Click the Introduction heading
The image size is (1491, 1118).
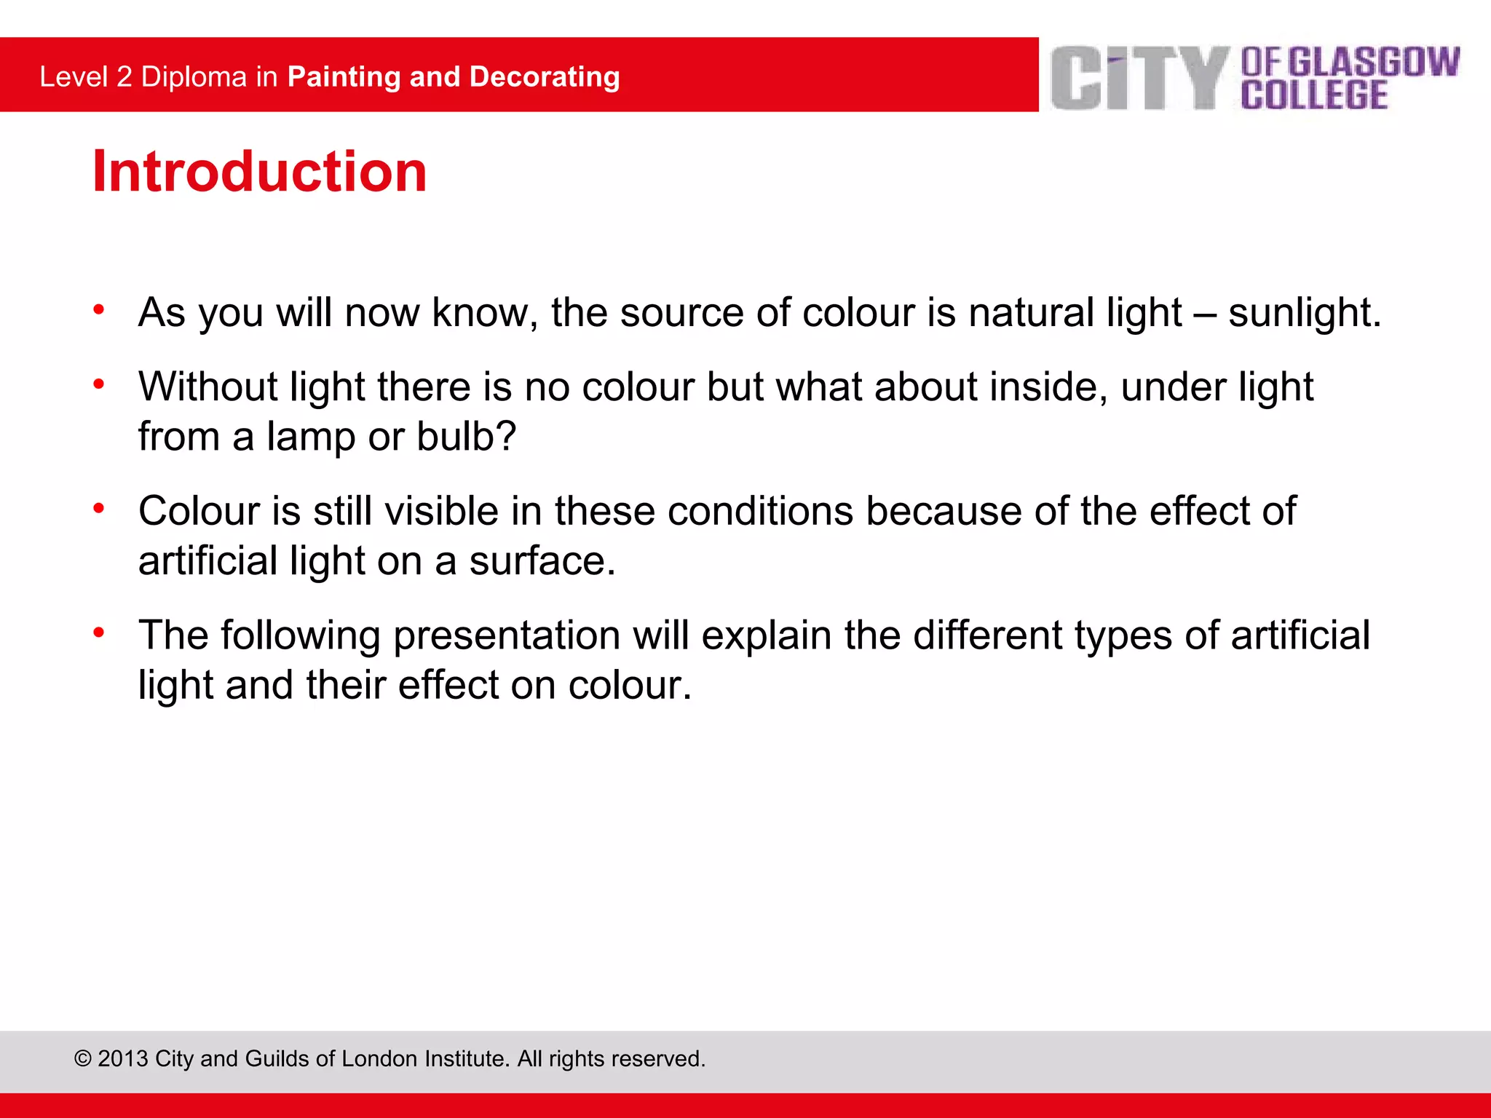tap(259, 172)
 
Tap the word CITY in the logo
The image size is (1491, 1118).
tap(1140, 79)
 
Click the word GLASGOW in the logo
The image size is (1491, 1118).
tap(1375, 62)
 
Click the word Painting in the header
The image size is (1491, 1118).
tap(344, 77)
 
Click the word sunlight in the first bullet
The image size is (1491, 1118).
tap(1303, 313)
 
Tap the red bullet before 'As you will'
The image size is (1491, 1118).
tap(99, 310)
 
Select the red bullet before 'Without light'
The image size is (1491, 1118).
tap(99, 384)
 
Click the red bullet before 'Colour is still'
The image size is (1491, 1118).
tap(99, 508)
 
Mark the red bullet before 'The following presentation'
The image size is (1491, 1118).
tap(99, 633)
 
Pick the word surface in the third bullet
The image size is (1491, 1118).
tap(542, 561)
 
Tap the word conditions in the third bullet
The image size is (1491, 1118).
tap(760, 511)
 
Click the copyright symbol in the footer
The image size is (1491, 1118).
tap(82, 1059)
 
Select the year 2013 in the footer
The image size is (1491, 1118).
tap(123, 1059)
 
